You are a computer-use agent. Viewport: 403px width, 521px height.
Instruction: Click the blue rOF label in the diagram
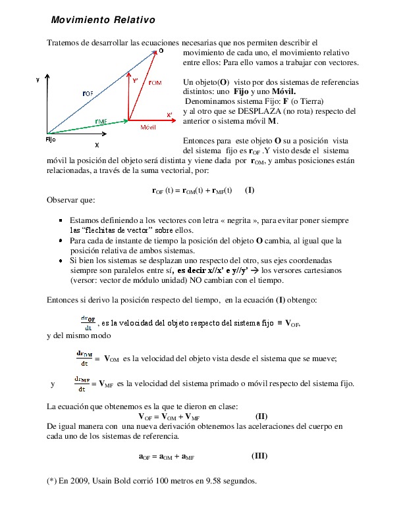point(88,93)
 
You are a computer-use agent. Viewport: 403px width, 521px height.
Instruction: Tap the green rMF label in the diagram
point(101,122)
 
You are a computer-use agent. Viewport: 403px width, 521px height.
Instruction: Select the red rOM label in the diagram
point(155,83)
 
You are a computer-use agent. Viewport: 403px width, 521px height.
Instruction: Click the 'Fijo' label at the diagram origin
point(51,139)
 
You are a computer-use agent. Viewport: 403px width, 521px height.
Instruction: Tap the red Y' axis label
point(135,81)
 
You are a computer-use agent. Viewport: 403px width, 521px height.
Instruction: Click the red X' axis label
point(169,114)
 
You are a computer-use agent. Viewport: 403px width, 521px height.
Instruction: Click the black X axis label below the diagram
point(97,144)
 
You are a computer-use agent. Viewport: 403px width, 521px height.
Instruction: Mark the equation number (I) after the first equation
point(250,190)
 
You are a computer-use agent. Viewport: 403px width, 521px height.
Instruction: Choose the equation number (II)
point(261,416)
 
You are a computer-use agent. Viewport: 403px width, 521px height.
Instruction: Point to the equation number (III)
point(259,455)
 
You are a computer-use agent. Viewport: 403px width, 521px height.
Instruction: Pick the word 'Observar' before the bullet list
point(63,199)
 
